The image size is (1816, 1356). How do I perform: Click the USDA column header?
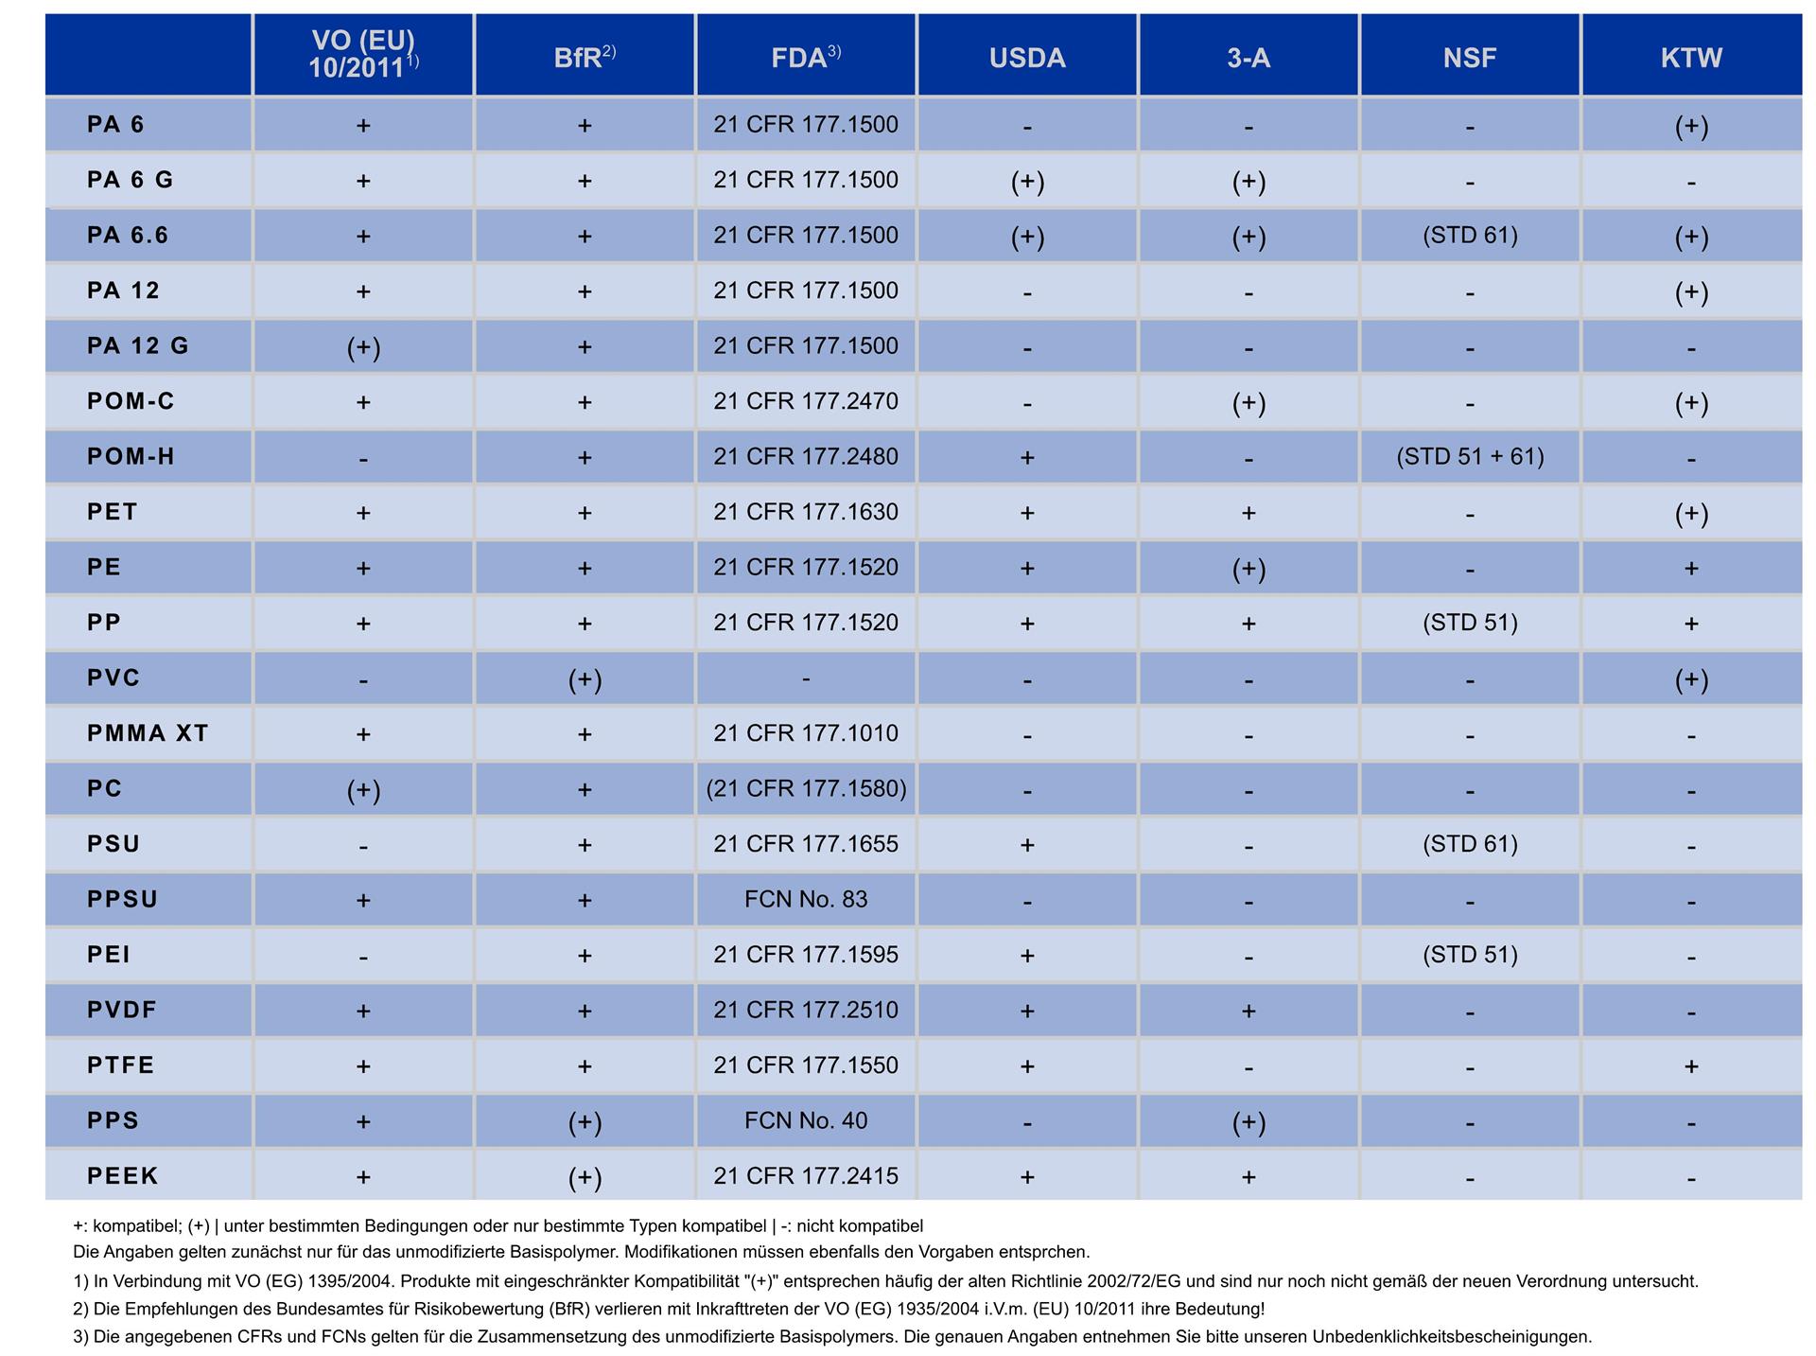tap(1027, 58)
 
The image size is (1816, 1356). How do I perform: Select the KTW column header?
tap(1691, 58)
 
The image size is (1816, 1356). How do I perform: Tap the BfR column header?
tap(585, 57)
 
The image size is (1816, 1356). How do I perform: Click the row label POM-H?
tap(131, 456)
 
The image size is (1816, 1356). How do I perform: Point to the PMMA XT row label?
tap(148, 733)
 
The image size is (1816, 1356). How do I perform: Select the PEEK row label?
tap(123, 1176)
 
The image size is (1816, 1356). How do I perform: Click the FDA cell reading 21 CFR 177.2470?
tap(806, 401)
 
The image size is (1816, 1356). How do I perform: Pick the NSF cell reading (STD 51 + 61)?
tap(1470, 457)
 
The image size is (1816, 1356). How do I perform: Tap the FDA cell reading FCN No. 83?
tap(806, 899)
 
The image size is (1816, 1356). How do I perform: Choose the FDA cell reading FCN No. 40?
tap(806, 1120)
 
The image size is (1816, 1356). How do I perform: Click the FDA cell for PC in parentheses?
tap(806, 789)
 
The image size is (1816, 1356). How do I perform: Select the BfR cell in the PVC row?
tap(585, 679)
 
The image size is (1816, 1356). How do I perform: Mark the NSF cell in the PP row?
tap(1470, 623)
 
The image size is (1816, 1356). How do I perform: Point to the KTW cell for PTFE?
tap(1691, 1066)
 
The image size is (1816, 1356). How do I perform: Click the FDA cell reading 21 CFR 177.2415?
tap(806, 1176)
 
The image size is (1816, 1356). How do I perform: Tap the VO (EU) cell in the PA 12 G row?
tap(363, 347)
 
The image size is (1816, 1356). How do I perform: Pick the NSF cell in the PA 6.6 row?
tap(1470, 236)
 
